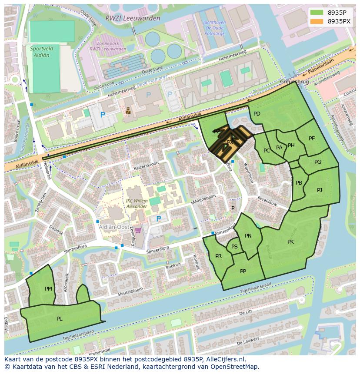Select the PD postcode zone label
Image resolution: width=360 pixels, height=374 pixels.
257,114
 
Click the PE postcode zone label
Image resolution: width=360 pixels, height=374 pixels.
312,139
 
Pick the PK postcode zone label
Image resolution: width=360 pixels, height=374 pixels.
290,242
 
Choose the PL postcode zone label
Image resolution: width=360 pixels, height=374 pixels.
60,318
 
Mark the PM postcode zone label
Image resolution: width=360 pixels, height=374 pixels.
48,288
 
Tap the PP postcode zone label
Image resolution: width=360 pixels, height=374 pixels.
243,271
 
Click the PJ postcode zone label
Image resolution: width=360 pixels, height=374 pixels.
320,190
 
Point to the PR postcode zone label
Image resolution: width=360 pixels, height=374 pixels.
218,256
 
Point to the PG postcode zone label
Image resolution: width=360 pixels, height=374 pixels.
318,162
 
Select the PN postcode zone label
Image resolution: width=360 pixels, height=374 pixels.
248,236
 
